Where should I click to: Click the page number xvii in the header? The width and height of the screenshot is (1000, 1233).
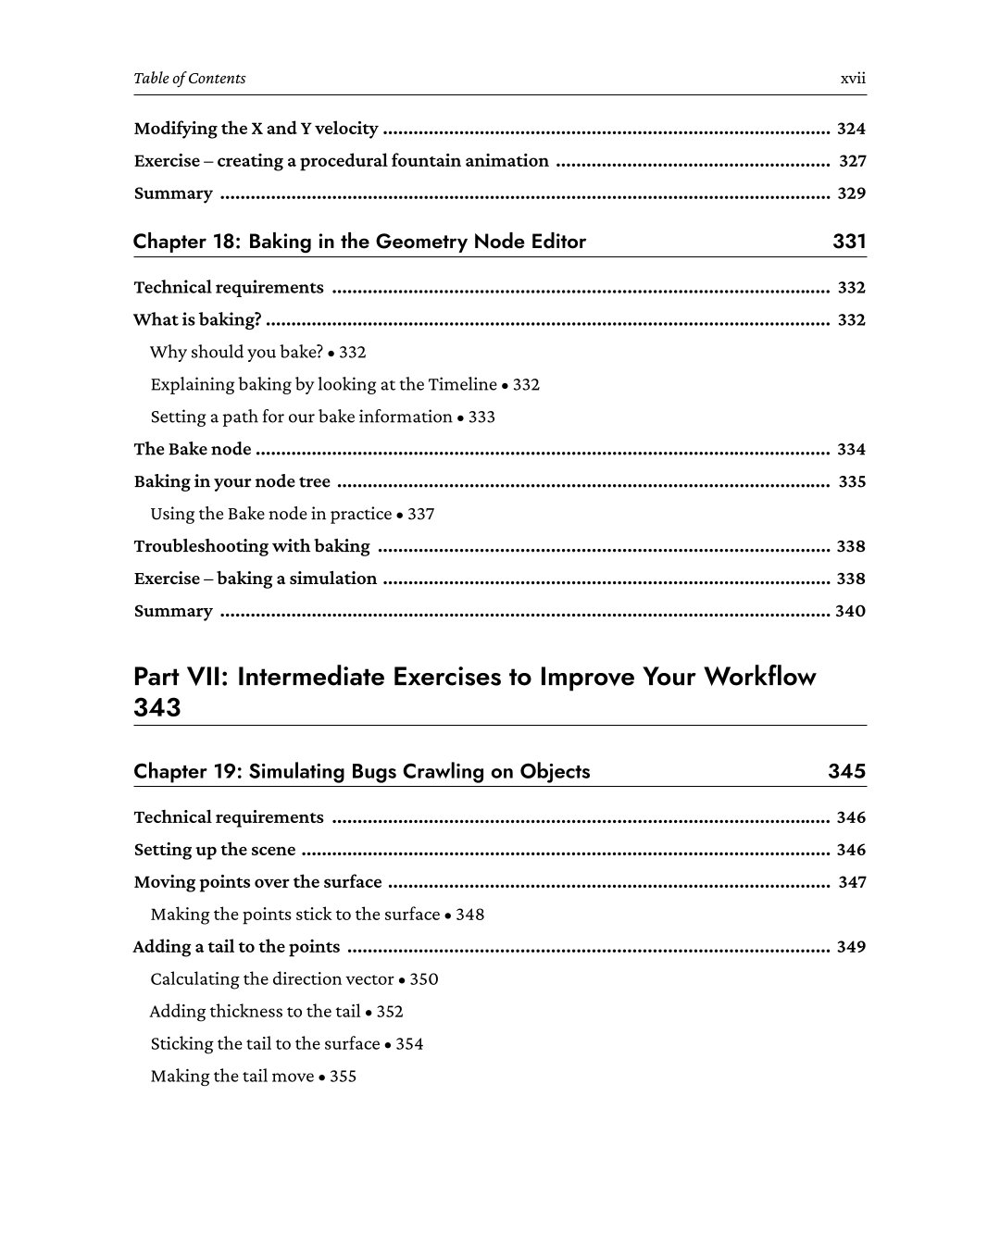(852, 79)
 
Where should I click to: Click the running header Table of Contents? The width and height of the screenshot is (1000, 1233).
(190, 79)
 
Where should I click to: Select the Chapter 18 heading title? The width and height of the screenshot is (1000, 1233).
(359, 242)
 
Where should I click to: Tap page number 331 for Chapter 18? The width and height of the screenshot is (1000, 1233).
(849, 242)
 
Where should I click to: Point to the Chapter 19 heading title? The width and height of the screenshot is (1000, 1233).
(361, 771)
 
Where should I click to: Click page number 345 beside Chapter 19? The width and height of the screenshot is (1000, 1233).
(846, 771)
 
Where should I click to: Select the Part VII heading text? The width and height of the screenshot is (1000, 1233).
(474, 677)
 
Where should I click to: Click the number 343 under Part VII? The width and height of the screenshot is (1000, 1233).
(157, 708)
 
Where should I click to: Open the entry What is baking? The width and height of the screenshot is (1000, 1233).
(197, 320)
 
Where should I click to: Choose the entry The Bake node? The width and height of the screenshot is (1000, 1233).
(193, 450)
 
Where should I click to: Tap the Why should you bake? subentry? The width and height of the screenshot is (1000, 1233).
(236, 353)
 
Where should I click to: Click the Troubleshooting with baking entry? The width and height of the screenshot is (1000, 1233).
(252, 547)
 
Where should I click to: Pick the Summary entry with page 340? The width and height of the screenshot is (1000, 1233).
(173, 612)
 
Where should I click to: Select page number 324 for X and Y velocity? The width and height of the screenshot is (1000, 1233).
(851, 129)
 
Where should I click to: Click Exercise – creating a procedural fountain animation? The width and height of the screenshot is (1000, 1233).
(341, 161)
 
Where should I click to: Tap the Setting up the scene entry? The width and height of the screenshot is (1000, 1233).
(215, 850)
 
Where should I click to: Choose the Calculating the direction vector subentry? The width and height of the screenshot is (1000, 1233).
(272, 979)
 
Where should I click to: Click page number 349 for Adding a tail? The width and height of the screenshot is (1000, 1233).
(851, 947)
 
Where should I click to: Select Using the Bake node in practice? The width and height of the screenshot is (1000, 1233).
(271, 515)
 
